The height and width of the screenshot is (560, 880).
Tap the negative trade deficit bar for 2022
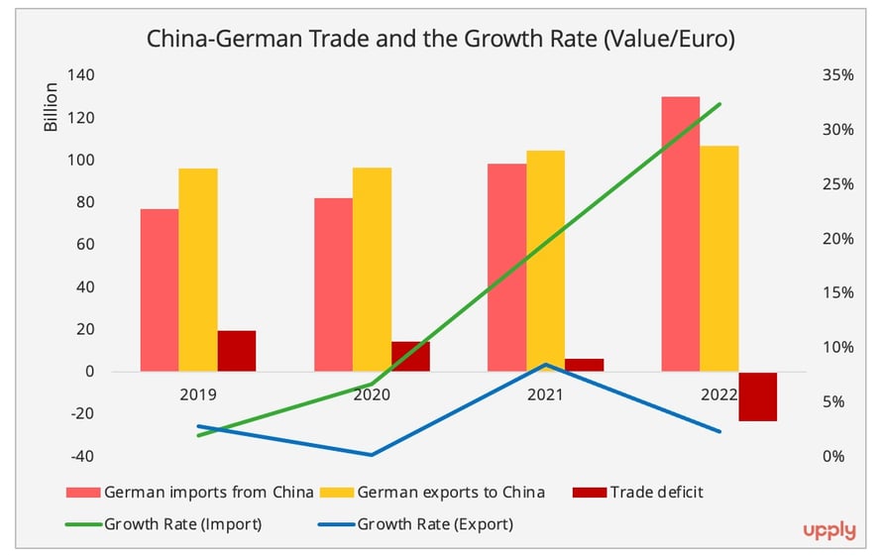[758, 396]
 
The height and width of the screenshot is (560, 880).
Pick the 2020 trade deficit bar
[410, 357]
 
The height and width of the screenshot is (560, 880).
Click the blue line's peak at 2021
[545, 365]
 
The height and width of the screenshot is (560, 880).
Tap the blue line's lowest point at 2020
[372, 455]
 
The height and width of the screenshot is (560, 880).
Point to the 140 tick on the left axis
[81, 75]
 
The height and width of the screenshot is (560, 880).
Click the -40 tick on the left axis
[81, 456]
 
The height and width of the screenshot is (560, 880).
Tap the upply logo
[828, 531]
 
